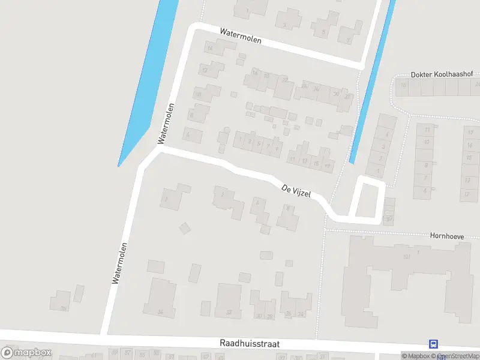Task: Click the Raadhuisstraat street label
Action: (x=248, y=344)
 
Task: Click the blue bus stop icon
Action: (x=433, y=344)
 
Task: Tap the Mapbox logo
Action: (x=26, y=353)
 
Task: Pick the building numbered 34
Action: (x=160, y=298)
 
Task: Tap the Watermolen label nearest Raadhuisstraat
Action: (x=120, y=262)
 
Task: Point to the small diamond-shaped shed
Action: (x=185, y=228)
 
